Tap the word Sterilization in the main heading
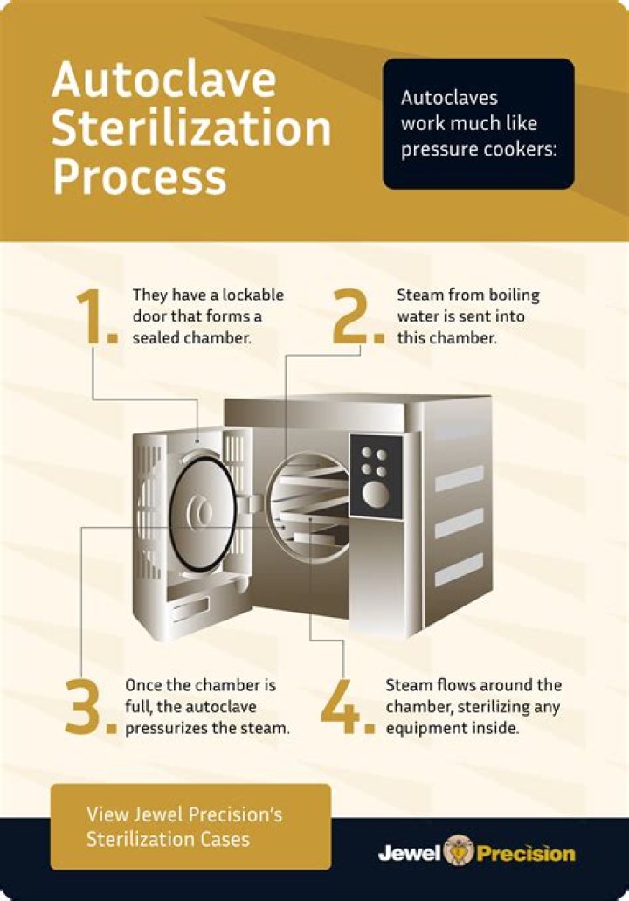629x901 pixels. tap(191, 128)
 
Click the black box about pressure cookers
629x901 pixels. tap(478, 123)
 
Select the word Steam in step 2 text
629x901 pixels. tap(417, 295)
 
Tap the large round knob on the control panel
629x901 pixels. tap(377, 496)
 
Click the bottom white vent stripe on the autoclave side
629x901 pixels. tap(460, 572)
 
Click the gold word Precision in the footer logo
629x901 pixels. tap(525, 853)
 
